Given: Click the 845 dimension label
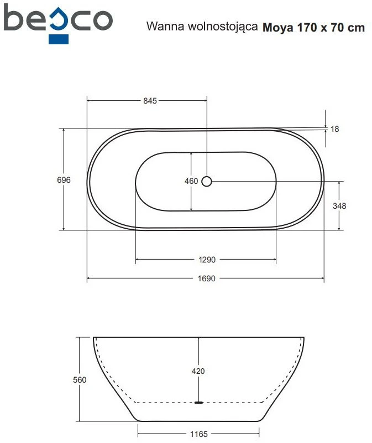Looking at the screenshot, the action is coord(150,101).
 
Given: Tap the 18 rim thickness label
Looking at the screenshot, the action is coord(334,129).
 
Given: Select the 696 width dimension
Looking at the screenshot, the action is coord(64,179).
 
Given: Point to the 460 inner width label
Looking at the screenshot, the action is coord(191,181).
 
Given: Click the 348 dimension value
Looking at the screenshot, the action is coord(339,206).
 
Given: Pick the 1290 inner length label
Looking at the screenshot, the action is coord(207,260).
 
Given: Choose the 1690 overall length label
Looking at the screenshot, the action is coord(206,279).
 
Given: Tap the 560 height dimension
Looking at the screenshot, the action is coord(80,380).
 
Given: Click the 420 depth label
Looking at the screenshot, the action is coord(198,371).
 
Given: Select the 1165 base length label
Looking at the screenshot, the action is coord(199,434).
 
